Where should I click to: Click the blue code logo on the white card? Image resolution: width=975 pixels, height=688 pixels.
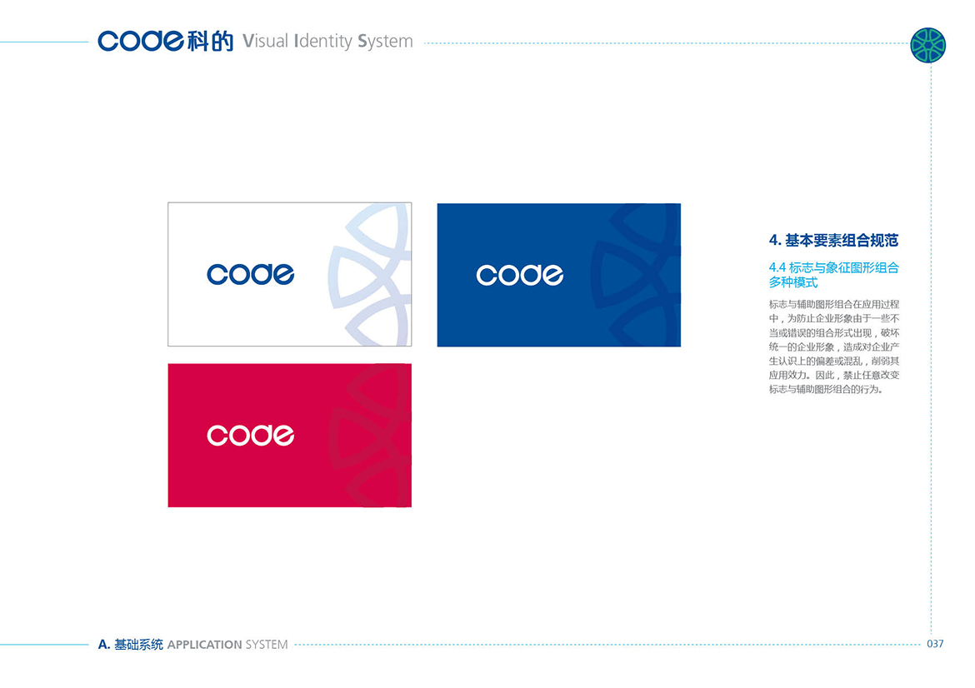click(x=251, y=274)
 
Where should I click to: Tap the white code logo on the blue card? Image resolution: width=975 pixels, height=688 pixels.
click(x=520, y=275)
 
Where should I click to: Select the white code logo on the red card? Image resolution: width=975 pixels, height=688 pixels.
click(x=251, y=435)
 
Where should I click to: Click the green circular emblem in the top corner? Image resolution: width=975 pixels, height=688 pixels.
click(x=927, y=45)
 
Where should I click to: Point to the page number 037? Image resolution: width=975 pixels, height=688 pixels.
click(x=935, y=644)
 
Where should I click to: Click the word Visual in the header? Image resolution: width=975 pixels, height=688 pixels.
click(x=266, y=41)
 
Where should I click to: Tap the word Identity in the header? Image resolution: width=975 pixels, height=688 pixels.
click(x=322, y=42)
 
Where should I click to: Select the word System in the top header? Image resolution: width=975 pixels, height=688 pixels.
click(x=385, y=42)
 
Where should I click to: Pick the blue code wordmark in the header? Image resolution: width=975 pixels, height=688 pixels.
click(x=141, y=41)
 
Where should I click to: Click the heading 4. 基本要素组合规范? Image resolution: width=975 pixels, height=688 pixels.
click(x=833, y=241)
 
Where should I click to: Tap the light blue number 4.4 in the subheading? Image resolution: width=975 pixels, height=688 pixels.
click(x=777, y=268)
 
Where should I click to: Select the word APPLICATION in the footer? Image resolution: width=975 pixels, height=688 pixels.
click(x=204, y=645)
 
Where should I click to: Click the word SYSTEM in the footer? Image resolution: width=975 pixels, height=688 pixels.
click(x=267, y=645)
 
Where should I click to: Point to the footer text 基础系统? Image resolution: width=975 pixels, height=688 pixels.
click(x=138, y=645)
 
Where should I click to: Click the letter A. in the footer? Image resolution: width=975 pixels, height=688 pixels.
click(x=104, y=645)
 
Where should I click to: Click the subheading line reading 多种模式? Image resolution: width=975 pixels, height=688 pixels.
click(x=792, y=282)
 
